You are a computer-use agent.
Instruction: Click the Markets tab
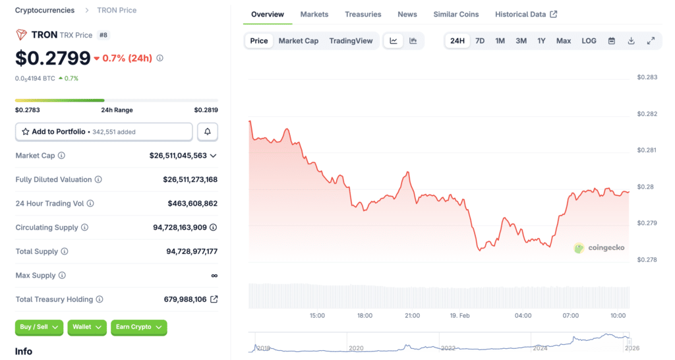tap(314, 15)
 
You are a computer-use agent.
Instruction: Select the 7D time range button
tap(480, 41)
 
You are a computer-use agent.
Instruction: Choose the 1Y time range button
tap(541, 41)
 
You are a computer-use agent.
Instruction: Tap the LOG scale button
tap(589, 41)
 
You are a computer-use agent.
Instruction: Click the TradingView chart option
tap(351, 41)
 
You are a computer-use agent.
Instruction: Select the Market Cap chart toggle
tap(298, 41)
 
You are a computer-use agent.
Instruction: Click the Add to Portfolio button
tap(103, 132)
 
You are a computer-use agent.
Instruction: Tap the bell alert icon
tap(207, 132)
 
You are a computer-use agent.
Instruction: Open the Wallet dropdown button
tap(87, 327)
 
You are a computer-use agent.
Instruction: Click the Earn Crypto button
tap(138, 327)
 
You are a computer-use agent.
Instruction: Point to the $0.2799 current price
tap(53, 58)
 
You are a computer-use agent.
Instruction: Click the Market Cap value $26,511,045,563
tap(178, 156)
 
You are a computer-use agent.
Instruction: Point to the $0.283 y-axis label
tap(647, 78)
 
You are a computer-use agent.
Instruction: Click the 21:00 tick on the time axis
tap(412, 316)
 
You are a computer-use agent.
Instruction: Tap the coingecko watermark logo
tap(599, 248)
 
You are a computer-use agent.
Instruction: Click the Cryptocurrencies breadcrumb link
tap(45, 11)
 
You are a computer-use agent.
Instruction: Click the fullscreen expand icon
tap(651, 41)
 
